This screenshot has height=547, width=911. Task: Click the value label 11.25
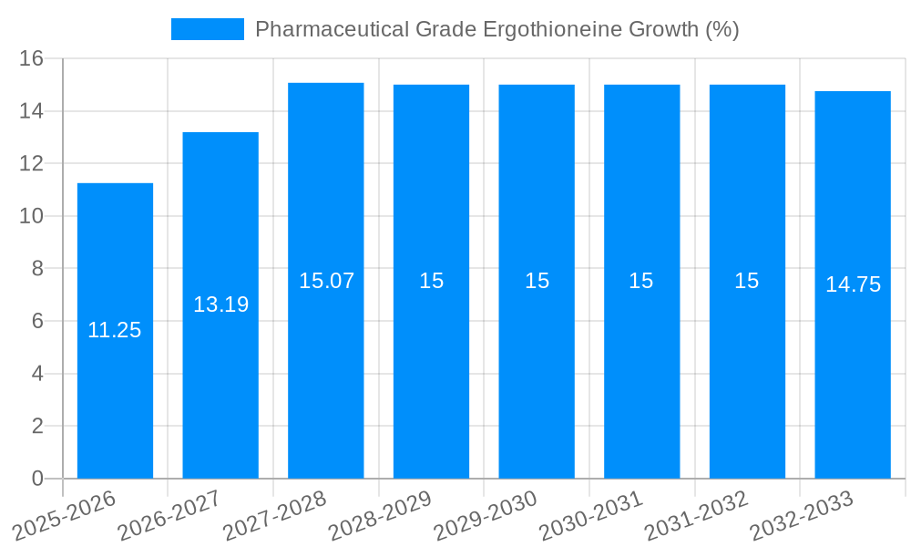click(x=115, y=330)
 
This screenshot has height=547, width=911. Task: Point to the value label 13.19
click(x=220, y=304)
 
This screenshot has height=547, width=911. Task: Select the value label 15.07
click(x=326, y=281)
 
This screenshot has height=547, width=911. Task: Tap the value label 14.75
click(x=853, y=284)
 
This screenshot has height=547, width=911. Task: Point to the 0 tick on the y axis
click(x=37, y=479)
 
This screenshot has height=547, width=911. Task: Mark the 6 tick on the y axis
click(x=37, y=321)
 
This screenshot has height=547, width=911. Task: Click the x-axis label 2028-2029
click(x=380, y=516)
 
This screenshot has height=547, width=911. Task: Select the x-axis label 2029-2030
click(x=486, y=516)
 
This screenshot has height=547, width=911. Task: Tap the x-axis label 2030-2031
click(x=591, y=516)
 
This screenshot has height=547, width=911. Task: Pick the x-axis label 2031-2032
click(x=697, y=516)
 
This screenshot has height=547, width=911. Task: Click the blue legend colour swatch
click(x=208, y=29)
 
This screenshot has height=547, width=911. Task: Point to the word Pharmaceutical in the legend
click(x=332, y=29)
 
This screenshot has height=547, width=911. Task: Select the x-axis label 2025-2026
click(x=64, y=516)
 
